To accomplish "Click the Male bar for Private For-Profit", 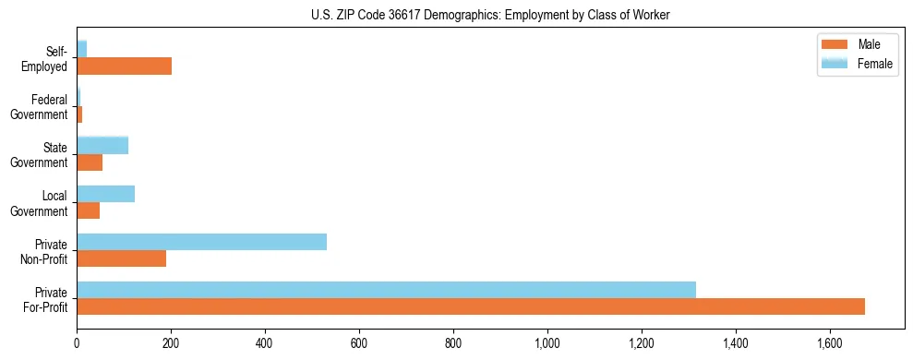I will pyautogui.click(x=471, y=306).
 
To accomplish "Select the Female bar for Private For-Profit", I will pyautogui.click(x=386, y=290).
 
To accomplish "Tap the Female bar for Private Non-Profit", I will pyautogui.click(x=201, y=242).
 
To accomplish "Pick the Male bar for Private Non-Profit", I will pyautogui.click(x=121, y=258).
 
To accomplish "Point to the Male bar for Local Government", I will pyautogui.click(x=88, y=210).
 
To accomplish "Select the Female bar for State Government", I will pyautogui.click(x=102, y=145).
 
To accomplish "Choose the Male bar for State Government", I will pyautogui.click(x=90, y=162).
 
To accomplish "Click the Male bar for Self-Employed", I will pyautogui.click(x=124, y=66).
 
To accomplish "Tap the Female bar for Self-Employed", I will pyautogui.click(x=81, y=49).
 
